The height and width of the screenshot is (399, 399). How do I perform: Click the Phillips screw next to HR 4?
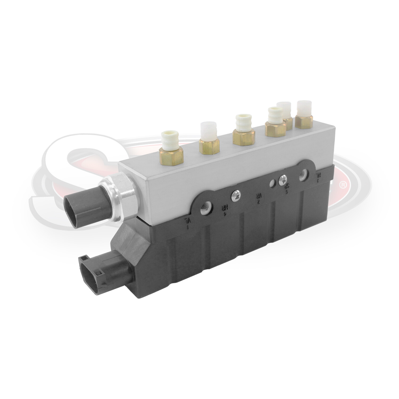click(x=235, y=196)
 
